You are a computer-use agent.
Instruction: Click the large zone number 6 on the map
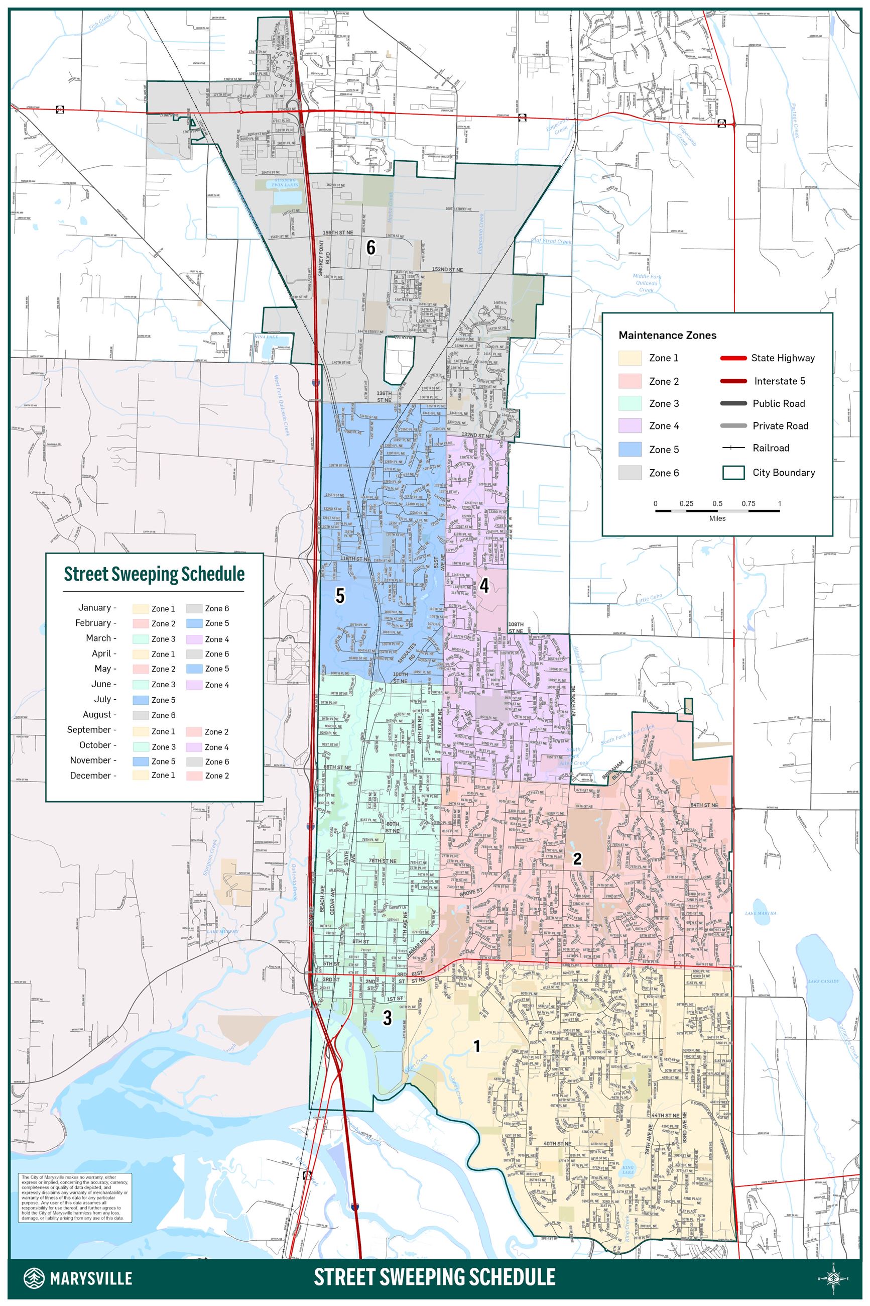370,247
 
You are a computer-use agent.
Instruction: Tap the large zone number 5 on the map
340,596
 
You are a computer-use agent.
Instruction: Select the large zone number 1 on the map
476,1046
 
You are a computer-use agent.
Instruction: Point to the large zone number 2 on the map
577,858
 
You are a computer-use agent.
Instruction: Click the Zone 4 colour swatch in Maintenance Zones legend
630,426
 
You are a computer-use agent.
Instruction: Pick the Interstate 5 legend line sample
733,381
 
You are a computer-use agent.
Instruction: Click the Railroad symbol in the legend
733,448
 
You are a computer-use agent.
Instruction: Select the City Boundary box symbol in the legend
733,473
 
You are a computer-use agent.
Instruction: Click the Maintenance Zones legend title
667,335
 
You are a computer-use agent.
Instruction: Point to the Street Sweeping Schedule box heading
154,574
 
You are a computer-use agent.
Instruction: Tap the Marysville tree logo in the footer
34,1278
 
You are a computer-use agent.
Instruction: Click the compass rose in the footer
833,1278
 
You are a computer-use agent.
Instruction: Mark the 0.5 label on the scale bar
717,503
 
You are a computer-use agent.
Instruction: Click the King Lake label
628,1169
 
